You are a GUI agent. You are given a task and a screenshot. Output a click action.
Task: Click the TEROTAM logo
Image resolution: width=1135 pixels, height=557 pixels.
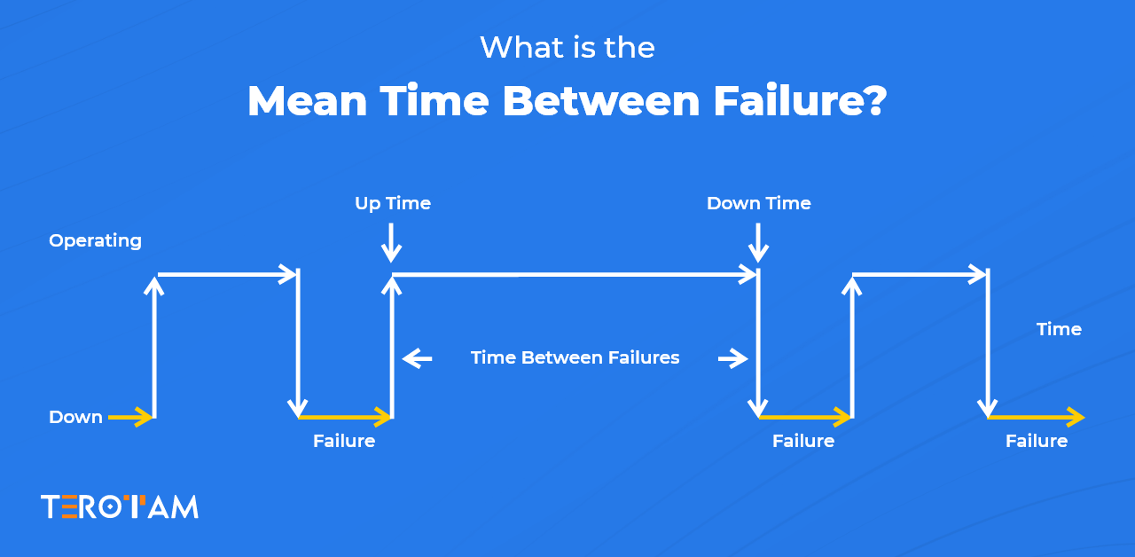tap(120, 506)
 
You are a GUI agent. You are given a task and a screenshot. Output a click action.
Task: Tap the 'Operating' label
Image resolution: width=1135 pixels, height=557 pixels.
tap(95, 240)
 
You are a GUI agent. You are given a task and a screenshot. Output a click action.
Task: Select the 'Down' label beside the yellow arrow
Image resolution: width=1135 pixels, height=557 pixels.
tap(75, 417)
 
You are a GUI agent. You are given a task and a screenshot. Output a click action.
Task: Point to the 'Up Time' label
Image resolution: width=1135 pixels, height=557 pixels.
tap(392, 203)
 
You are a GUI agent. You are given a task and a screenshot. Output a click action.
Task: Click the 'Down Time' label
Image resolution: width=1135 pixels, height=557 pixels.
tap(758, 203)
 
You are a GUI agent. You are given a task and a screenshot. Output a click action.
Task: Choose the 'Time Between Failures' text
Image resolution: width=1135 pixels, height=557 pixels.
tap(575, 357)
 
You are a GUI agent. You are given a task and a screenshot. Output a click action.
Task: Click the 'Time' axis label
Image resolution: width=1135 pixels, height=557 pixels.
tap(1059, 329)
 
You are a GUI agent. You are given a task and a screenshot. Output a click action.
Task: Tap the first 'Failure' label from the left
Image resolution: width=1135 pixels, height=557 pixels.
tap(344, 441)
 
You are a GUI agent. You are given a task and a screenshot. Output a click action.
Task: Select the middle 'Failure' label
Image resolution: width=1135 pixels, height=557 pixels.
tap(803, 441)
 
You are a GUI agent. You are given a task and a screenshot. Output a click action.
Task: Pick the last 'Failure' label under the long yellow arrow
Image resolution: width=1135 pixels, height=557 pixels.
tap(1036, 441)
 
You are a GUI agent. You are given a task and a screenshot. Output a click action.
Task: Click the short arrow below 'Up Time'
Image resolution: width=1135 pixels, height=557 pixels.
tap(391, 242)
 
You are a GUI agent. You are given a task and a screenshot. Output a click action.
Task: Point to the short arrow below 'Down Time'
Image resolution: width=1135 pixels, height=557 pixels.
tap(758, 242)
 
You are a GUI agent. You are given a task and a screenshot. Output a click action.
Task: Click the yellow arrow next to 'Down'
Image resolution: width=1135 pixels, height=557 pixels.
tap(130, 417)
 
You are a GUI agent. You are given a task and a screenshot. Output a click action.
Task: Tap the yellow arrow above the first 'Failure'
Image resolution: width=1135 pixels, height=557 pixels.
tap(345, 417)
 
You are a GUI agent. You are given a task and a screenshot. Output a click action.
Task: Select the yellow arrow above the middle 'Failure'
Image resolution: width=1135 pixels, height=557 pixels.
tap(804, 417)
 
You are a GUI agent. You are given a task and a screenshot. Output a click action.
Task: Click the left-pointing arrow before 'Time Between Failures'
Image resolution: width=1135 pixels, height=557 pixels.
tap(417, 358)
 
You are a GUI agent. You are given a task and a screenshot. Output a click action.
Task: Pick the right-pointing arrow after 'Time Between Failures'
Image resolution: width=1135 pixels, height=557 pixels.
tap(732, 358)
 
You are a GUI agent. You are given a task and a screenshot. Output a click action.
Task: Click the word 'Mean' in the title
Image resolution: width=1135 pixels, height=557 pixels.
tap(307, 101)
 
